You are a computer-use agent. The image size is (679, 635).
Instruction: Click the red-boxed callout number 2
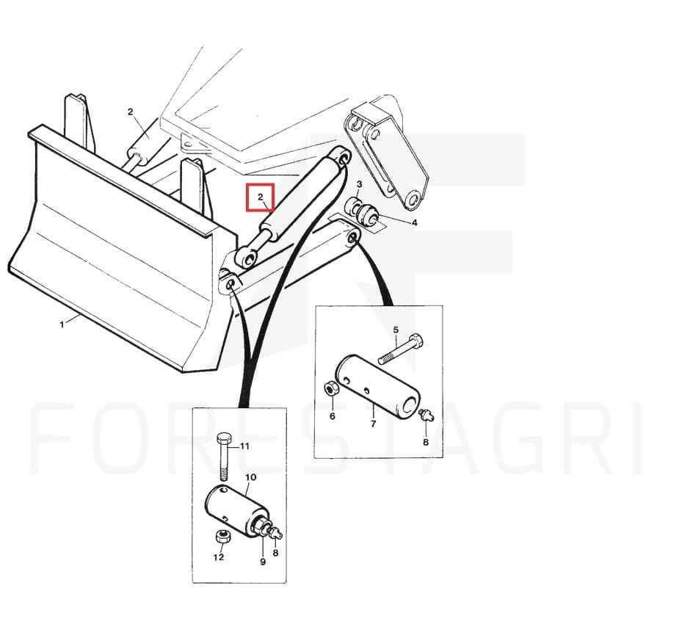click(261, 197)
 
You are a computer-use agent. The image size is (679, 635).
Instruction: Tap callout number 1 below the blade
click(62, 324)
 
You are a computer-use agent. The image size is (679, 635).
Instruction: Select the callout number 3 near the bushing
click(359, 184)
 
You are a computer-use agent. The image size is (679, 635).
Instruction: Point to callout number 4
click(415, 223)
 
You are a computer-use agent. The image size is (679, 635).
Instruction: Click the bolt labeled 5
click(402, 348)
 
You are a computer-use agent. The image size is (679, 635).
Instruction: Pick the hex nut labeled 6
click(331, 388)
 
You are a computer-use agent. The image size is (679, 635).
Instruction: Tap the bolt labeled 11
click(223, 456)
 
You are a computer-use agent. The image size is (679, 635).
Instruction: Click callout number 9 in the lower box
click(262, 562)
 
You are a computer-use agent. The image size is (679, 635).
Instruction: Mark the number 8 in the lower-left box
click(275, 553)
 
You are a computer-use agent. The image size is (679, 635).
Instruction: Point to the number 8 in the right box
click(426, 442)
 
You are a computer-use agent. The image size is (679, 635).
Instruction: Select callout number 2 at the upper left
click(131, 112)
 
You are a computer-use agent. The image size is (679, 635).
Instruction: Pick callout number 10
click(251, 477)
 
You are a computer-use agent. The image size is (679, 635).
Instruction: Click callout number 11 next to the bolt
click(244, 446)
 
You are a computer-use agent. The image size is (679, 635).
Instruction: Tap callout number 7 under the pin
click(374, 424)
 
